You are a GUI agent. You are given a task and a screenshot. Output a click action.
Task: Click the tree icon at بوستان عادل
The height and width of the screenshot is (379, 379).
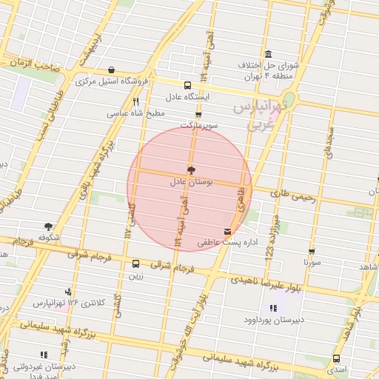tap(191, 170)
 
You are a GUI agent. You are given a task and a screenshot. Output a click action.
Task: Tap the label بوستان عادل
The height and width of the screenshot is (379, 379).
tap(191, 181)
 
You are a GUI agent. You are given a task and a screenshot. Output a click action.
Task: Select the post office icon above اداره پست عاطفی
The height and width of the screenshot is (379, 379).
tap(227, 232)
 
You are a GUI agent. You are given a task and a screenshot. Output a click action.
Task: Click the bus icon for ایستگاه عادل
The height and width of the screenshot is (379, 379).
tap(187, 85)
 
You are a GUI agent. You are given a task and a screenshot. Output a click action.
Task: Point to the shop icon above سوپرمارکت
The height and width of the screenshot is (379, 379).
tap(198, 115)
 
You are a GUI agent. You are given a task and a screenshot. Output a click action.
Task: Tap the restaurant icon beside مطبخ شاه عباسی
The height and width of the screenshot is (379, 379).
tap(135, 102)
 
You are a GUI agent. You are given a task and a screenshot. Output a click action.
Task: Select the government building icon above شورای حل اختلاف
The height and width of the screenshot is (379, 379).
tap(267, 54)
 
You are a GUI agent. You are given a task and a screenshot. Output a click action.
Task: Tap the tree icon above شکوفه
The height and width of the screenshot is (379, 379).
tap(48, 227)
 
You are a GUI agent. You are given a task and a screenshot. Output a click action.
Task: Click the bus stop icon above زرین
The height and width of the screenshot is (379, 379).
tap(135, 264)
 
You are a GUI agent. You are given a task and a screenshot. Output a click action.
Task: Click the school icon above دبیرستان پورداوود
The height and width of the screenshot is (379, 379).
tap(273, 307)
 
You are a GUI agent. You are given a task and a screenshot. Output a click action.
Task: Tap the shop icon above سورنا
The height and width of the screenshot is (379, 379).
tap(312, 252)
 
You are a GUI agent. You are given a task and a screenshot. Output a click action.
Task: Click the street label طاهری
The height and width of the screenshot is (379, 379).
tap(240, 199)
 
